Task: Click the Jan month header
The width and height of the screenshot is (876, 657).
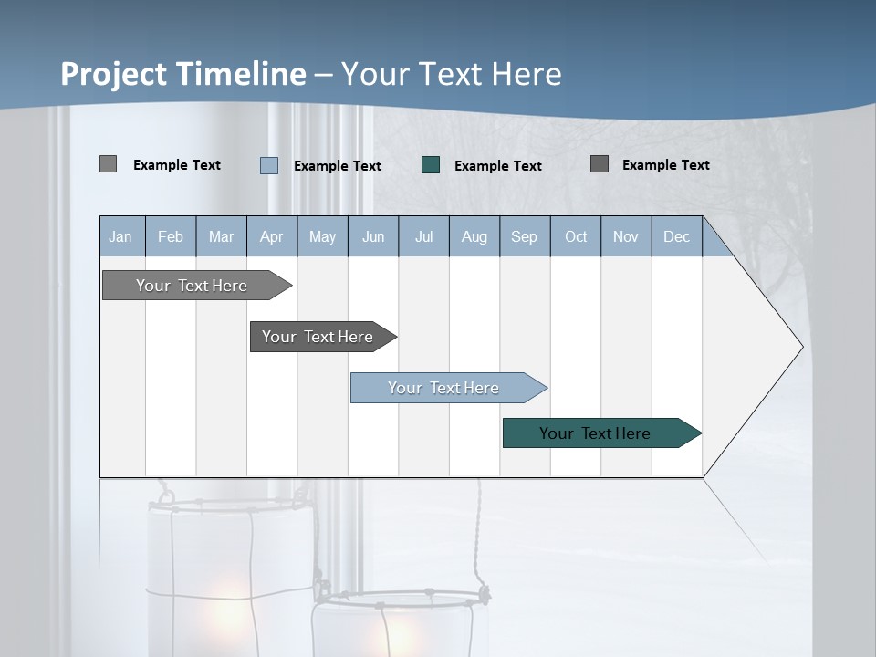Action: (x=121, y=236)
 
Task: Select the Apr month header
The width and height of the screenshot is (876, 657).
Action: (x=271, y=236)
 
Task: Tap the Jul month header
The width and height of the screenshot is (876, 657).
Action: (x=423, y=236)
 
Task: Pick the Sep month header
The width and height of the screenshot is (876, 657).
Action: (x=524, y=236)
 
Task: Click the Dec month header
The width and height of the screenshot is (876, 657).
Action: (x=676, y=236)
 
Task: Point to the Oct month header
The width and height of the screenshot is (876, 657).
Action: (x=576, y=236)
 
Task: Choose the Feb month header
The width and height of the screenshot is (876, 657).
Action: (x=171, y=236)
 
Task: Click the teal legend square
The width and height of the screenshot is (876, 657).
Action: (x=431, y=165)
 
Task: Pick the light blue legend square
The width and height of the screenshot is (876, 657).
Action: (x=269, y=165)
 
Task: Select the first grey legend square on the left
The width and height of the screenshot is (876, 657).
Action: (x=108, y=164)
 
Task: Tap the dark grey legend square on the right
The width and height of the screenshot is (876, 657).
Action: (x=600, y=164)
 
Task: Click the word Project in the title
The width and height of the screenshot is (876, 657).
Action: (x=114, y=74)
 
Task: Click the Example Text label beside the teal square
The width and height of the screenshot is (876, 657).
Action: (x=497, y=166)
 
